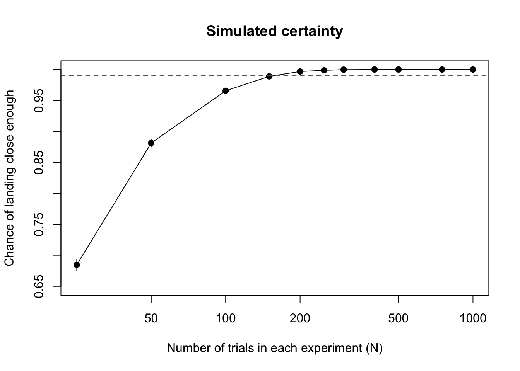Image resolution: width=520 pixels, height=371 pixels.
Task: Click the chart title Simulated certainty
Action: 274,32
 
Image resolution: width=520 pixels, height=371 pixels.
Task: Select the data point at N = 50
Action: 151,143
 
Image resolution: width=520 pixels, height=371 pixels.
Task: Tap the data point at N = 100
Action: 226,91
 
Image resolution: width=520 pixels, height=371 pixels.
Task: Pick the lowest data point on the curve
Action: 77,265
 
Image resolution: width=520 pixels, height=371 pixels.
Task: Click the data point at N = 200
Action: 300,71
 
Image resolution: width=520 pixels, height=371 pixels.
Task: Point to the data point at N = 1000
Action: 473,70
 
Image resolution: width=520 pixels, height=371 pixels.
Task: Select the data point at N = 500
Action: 399,70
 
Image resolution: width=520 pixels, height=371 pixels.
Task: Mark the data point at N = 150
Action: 269,76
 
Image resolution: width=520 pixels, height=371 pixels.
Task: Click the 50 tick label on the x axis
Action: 151,318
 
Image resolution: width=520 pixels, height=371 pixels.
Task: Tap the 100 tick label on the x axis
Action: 226,318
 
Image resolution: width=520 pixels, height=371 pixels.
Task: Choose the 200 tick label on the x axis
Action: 300,318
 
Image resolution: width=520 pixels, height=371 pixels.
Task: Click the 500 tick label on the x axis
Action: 399,318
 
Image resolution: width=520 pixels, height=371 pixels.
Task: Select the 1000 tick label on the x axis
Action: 473,318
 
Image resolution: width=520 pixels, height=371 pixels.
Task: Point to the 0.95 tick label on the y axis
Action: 39,100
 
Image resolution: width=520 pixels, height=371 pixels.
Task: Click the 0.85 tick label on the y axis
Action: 39,162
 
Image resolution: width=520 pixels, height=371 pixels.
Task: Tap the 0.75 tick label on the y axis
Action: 39,224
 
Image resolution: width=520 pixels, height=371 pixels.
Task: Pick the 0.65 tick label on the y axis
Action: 39,286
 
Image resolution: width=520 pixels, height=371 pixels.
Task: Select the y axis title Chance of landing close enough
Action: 9,178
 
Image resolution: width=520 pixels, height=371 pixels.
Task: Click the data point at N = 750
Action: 442,70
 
